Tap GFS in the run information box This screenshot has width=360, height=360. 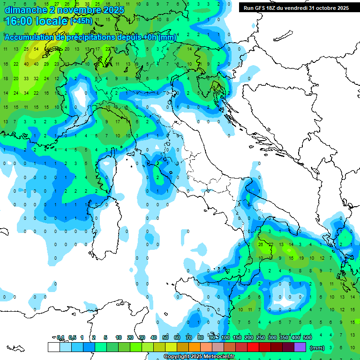pyautogui.click(x=260, y=8)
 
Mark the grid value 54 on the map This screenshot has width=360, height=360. pyautogui.click(x=36, y=49)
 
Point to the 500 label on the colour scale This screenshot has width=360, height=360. pyautogui.click(x=307, y=337)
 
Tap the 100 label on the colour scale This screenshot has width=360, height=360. pyautogui.click(x=225, y=337)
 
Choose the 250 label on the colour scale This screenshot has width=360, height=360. pyautogui.click(x=261, y=337)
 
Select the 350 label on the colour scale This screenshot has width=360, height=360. pyautogui.click(x=284, y=337)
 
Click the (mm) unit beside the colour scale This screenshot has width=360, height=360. pyautogui.click(x=317, y=348)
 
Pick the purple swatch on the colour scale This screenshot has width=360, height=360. pyautogui.click(x=300, y=347)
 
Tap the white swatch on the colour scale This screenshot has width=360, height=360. pyautogui.click(x=53, y=347)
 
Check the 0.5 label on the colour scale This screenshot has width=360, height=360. pyautogui.click(x=72, y=337)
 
